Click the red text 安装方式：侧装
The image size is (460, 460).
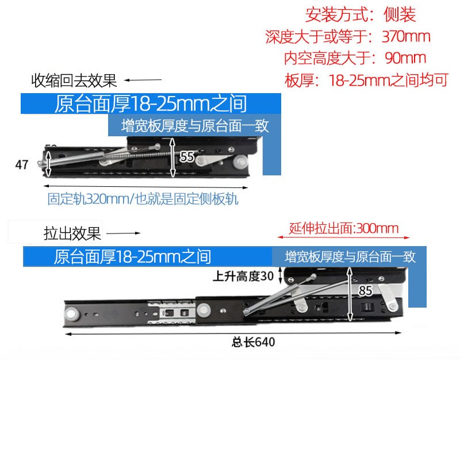(361, 14)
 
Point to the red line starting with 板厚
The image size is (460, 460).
(366, 80)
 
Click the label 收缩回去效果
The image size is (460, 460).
(74, 80)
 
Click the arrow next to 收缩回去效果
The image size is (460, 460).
(144, 80)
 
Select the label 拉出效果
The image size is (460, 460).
(72, 234)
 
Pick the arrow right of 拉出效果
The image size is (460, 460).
(124, 234)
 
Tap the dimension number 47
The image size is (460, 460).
(22, 165)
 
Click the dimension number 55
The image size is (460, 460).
(187, 156)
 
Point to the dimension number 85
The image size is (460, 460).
(366, 290)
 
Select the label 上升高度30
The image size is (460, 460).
(243, 276)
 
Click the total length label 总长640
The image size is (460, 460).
(253, 342)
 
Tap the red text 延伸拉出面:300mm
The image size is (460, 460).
(343, 228)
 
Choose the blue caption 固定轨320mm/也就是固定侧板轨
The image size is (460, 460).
(143, 200)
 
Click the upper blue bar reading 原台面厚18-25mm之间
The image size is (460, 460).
(151, 104)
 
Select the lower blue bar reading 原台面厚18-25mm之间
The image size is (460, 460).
(132, 256)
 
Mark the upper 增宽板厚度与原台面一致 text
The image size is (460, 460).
(195, 126)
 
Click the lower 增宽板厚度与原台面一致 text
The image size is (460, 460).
(350, 256)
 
